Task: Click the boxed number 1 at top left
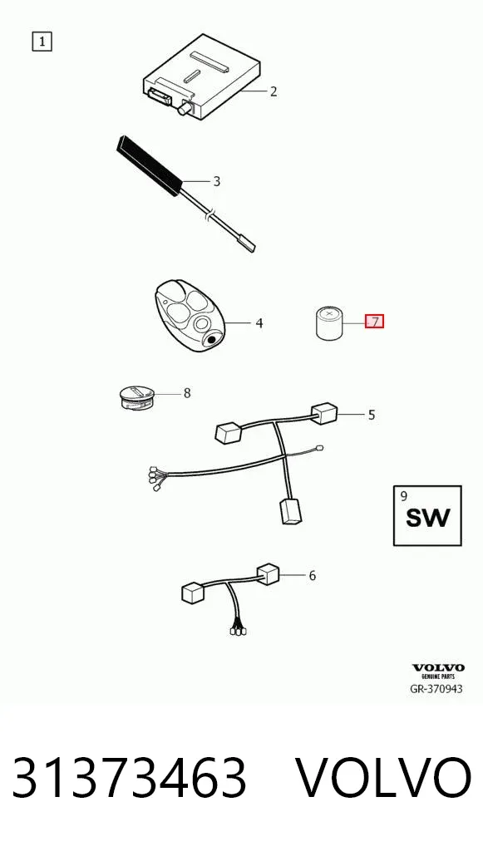click(42, 42)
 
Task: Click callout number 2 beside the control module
click(274, 91)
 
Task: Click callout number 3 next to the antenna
click(217, 180)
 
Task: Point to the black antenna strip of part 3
click(149, 165)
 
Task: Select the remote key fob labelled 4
click(189, 316)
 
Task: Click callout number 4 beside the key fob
click(259, 323)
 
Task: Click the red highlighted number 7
click(375, 322)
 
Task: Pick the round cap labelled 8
click(136, 397)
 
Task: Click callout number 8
click(187, 393)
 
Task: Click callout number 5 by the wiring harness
click(372, 415)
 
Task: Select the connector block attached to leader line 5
click(323, 414)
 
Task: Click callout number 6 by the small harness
click(312, 576)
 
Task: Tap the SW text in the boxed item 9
click(427, 519)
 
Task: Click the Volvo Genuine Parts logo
click(438, 671)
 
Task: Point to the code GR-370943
click(436, 688)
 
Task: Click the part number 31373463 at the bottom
click(130, 778)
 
